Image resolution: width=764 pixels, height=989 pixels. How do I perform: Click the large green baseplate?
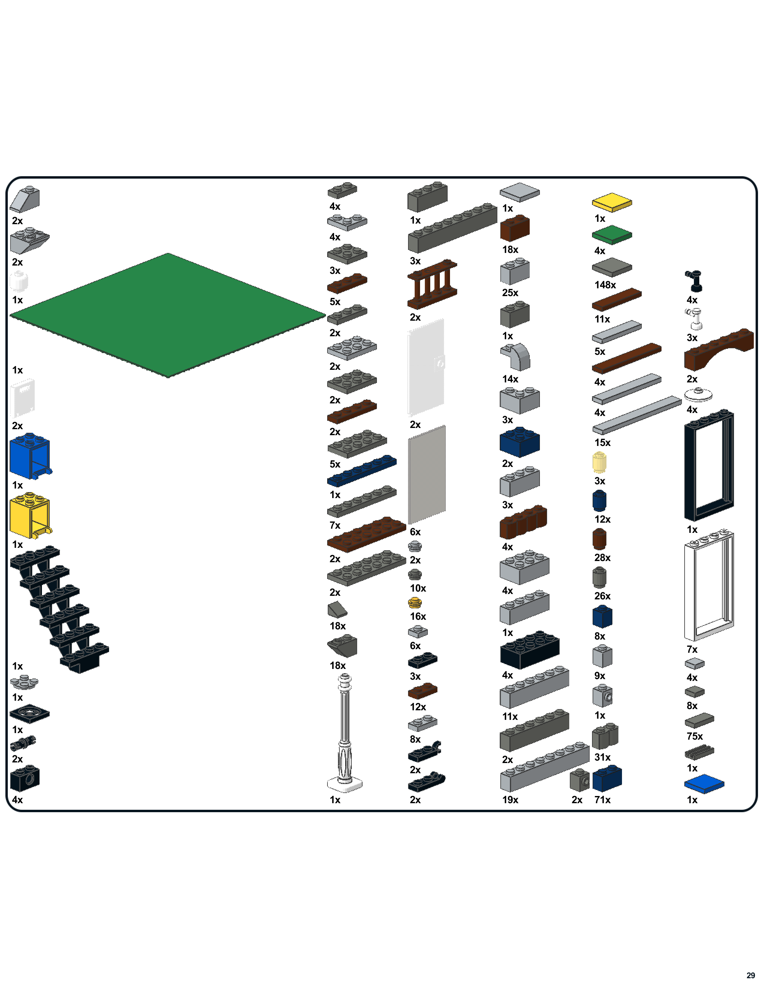167,315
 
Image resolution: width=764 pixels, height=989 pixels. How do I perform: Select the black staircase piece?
59,607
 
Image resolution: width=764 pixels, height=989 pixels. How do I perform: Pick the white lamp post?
345,734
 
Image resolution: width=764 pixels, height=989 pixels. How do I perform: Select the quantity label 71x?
602,800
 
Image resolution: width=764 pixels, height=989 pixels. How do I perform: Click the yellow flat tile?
611,202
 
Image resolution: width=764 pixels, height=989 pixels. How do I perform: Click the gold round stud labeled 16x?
415,603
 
